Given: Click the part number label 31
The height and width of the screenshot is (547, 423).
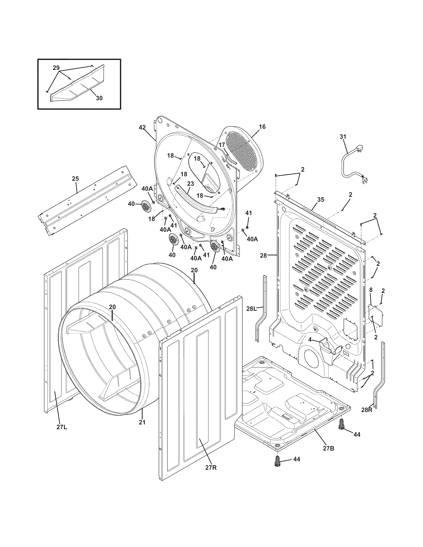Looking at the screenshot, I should (343, 137).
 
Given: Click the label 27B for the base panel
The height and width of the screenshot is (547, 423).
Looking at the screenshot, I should (328, 449).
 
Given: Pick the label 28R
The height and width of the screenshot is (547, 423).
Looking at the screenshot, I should (367, 410).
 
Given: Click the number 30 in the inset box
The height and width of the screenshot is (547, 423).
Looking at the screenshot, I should (99, 98).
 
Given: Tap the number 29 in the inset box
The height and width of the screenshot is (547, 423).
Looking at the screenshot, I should (56, 68).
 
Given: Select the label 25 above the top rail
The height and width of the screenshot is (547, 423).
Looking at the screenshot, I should (75, 179).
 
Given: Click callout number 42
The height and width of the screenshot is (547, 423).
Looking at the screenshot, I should (142, 128).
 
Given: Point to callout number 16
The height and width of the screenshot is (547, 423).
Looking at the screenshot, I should (262, 127).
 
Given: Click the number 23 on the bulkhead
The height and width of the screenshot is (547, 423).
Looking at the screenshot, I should (190, 183).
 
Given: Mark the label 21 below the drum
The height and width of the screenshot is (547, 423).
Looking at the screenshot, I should (142, 422).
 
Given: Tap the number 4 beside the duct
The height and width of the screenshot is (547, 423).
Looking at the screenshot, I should (310, 340).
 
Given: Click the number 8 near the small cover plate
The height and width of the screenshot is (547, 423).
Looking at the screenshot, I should (371, 290).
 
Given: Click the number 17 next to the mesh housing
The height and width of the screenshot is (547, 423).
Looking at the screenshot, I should (221, 145).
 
